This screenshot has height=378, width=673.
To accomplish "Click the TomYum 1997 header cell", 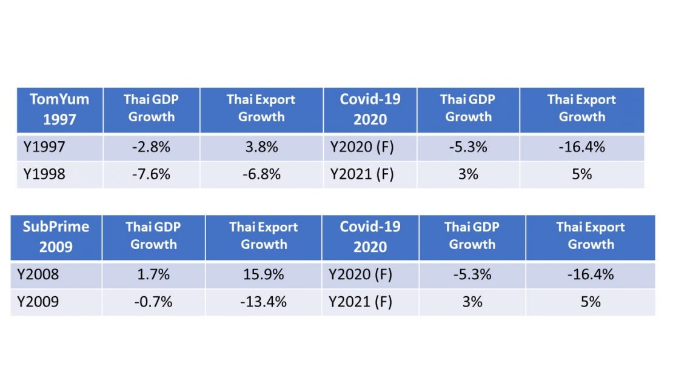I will (x=59, y=110).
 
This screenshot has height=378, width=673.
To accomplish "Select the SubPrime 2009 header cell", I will (x=56, y=236).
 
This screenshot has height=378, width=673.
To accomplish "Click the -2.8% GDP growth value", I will (x=151, y=147).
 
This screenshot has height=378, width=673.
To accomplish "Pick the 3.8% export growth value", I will (x=261, y=147).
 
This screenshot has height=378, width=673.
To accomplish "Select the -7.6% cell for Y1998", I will (x=151, y=174).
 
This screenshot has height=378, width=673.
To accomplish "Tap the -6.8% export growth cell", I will (x=261, y=174).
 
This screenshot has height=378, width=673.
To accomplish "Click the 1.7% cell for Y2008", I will (x=153, y=274).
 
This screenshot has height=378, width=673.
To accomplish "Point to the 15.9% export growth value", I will (x=263, y=274).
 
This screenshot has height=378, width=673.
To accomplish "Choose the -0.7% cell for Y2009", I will (x=153, y=302).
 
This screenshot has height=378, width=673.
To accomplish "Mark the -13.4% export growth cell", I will (x=263, y=302).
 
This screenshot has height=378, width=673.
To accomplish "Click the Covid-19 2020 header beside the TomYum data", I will (x=370, y=110).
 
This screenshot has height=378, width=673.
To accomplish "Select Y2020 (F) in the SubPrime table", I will (x=361, y=274).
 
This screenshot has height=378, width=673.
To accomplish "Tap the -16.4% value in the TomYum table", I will (x=581, y=147).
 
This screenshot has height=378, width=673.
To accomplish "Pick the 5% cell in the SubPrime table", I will (x=591, y=302).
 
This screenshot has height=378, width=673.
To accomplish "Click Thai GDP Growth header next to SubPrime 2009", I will (x=153, y=236).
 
